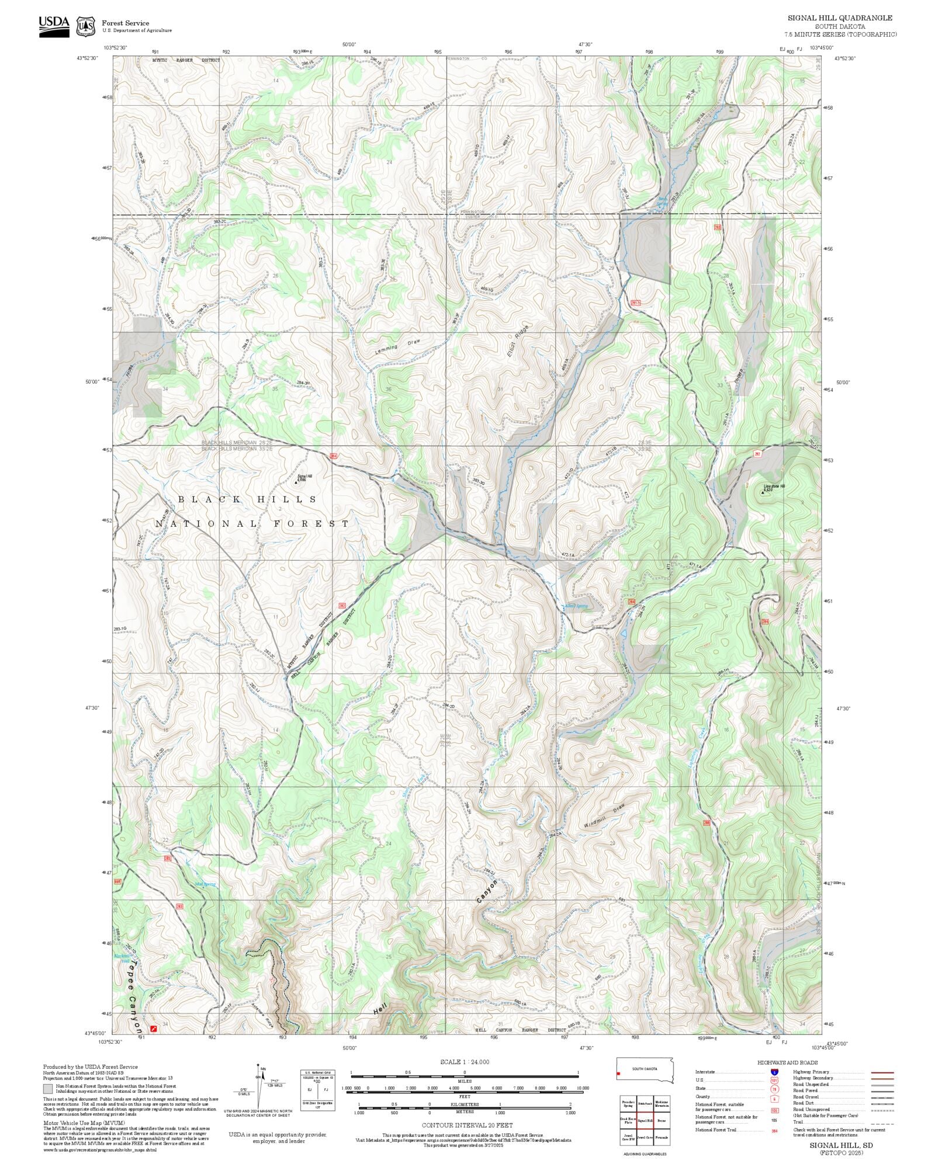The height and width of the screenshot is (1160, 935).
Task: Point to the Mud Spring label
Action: [205, 884]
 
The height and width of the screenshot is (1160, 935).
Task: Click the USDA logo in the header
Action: [54, 26]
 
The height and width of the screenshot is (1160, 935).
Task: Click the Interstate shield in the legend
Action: [774, 1072]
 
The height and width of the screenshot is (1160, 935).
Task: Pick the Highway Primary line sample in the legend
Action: [882, 1072]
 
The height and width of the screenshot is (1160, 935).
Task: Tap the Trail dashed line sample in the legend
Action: [882, 1123]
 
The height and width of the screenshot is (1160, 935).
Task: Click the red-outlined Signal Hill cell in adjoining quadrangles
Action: [645, 1120]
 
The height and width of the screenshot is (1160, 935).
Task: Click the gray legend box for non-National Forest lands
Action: [47, 1089]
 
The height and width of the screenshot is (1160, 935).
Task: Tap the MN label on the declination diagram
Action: [264, 1068]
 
